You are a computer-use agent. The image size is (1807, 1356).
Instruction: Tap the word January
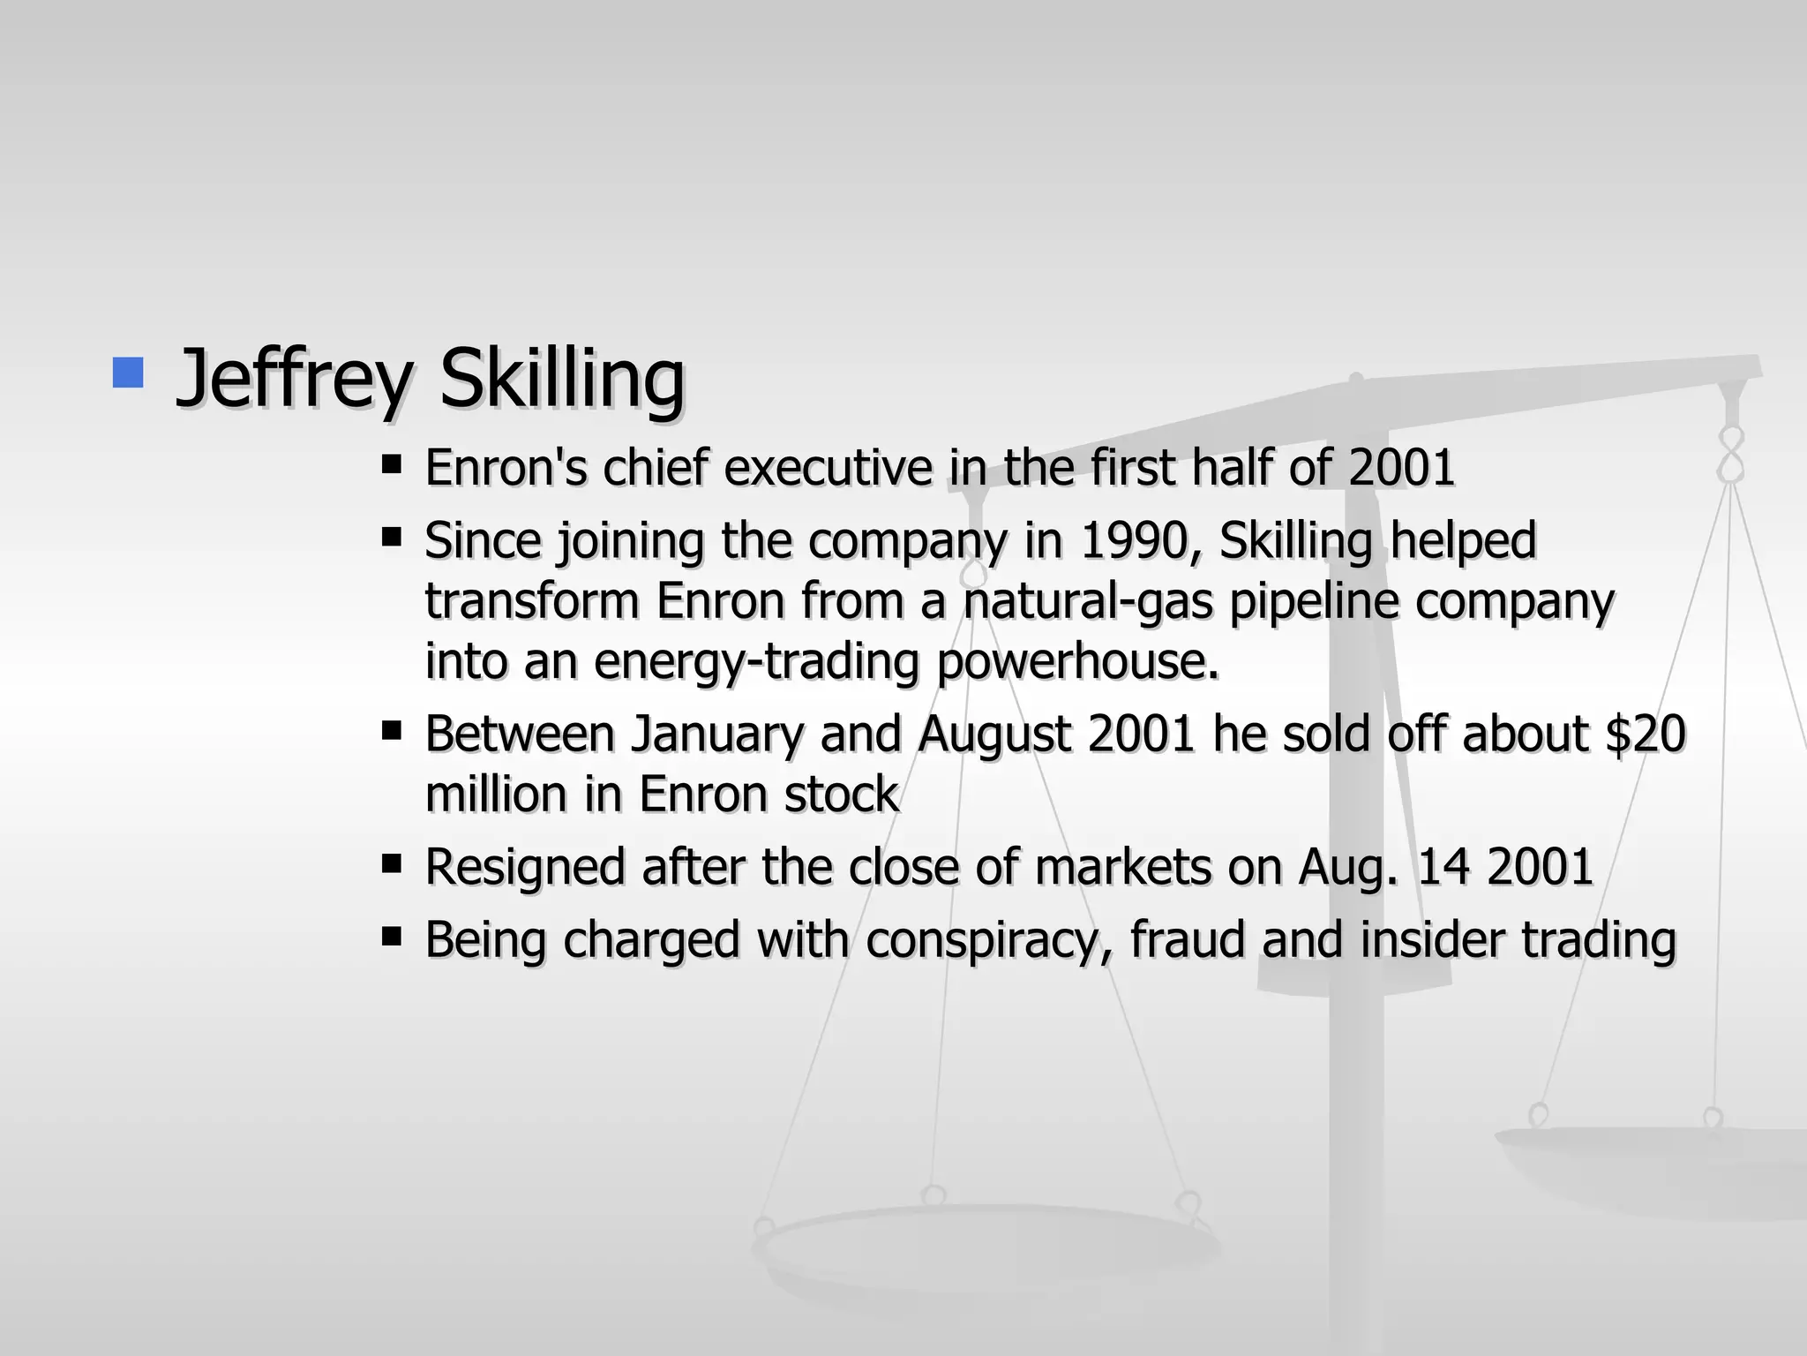tap(716, 734)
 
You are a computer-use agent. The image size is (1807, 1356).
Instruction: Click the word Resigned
tap(525, 867)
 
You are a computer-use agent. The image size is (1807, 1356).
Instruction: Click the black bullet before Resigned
tap(392, 863)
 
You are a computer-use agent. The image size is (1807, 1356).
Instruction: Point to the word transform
tap(532, 601)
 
